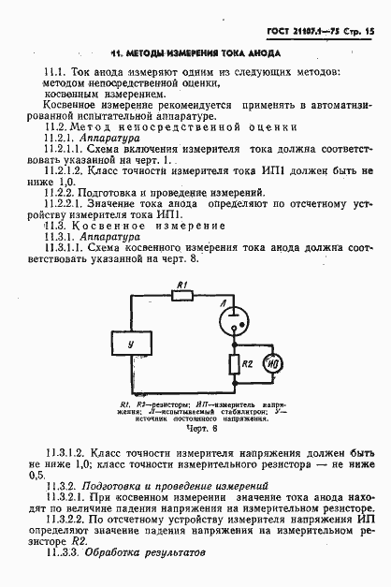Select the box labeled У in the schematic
point(130,345)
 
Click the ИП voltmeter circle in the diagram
point(272,363)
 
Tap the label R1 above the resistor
point(184,283)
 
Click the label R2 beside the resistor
point(246,362)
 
